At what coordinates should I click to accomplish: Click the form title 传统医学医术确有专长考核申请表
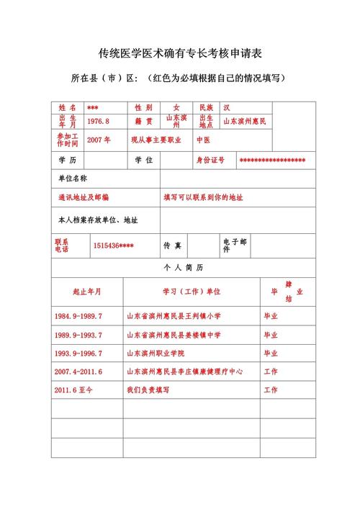tap(180, 53)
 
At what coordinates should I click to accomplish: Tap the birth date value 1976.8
tap(98, 122)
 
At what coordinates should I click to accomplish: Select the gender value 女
tap(176, 107)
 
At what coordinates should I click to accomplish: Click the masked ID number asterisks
tap(272, 160)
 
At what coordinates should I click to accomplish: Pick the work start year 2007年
tap(98, 140)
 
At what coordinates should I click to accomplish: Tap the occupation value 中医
tap(204, 140)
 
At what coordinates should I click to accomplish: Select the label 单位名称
tap(72, 177)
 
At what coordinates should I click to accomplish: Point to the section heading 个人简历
tap(184, 267)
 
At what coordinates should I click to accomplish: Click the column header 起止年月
tap(86, 292)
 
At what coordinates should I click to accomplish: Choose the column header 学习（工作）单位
tap(192, 292)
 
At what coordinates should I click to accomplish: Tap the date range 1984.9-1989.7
tap(78, 316)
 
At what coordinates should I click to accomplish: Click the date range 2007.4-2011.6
tap(78, 371)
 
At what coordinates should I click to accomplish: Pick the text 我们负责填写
tap(148, 390)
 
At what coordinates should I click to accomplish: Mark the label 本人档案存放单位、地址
tap(98, 219)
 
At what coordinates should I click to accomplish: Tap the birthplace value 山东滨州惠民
tap(244, 122)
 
